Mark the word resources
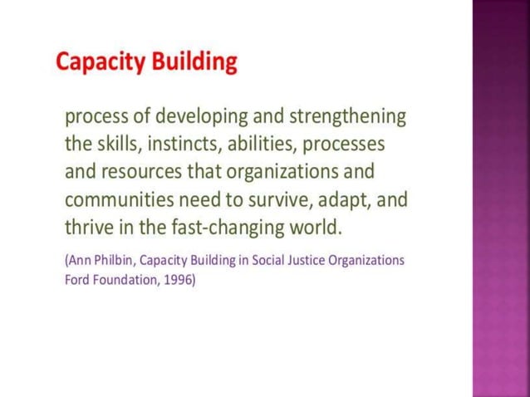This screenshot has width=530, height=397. tap(139, 172)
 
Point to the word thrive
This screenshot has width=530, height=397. tap(89, 226)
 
